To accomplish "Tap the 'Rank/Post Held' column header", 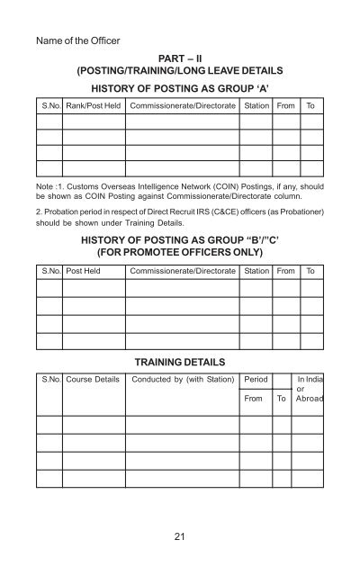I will point(93,106).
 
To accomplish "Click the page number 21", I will point(181,537).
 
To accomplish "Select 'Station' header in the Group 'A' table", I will point(256,106).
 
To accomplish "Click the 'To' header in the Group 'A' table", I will point(311,106).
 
